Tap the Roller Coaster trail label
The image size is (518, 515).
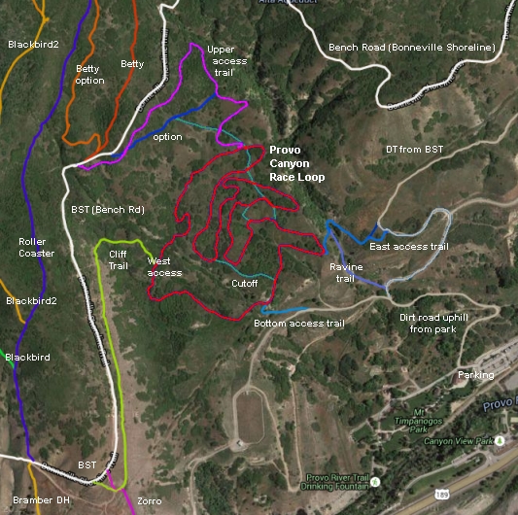coord(37,247)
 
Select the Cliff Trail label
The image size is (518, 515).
coord(118,259)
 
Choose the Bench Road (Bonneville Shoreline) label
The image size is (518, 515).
coord(412,47)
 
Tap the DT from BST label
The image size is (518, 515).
coord(414,149)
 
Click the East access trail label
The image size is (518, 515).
coord(409,247)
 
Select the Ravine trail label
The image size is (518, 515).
coord(346,272)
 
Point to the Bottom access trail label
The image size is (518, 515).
coord(298,324)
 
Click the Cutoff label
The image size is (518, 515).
coord(244,284)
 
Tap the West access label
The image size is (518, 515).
coord(164,266)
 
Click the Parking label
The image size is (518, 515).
coord(476,374)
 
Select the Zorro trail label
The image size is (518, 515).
coord(149,499)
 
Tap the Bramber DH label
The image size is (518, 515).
coord(34,499)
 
